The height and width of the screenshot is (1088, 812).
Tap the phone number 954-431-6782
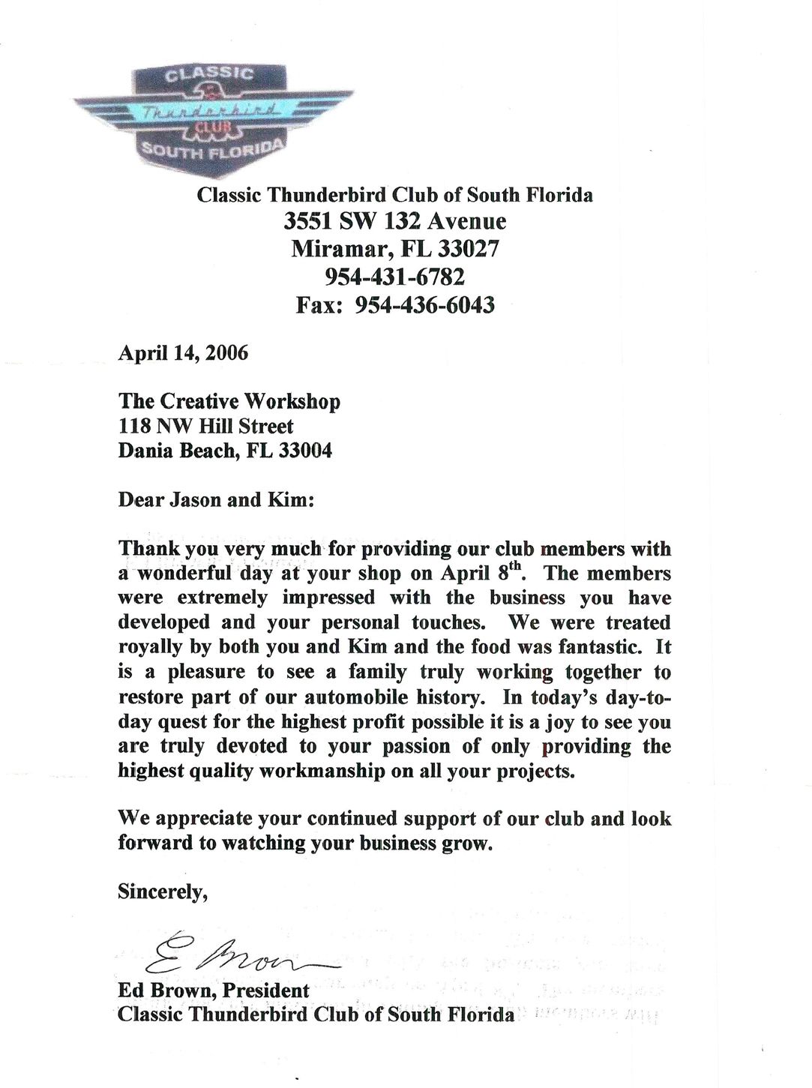pyautogui.click(x=394, y=277)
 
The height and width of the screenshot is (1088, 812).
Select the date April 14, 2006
pyautogui.click(x=183, y=352)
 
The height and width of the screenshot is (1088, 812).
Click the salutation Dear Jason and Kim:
pyautogui.click(x=216, y=500)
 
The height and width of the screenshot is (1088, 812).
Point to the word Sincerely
pyautogui.click(x=162, y=892)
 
